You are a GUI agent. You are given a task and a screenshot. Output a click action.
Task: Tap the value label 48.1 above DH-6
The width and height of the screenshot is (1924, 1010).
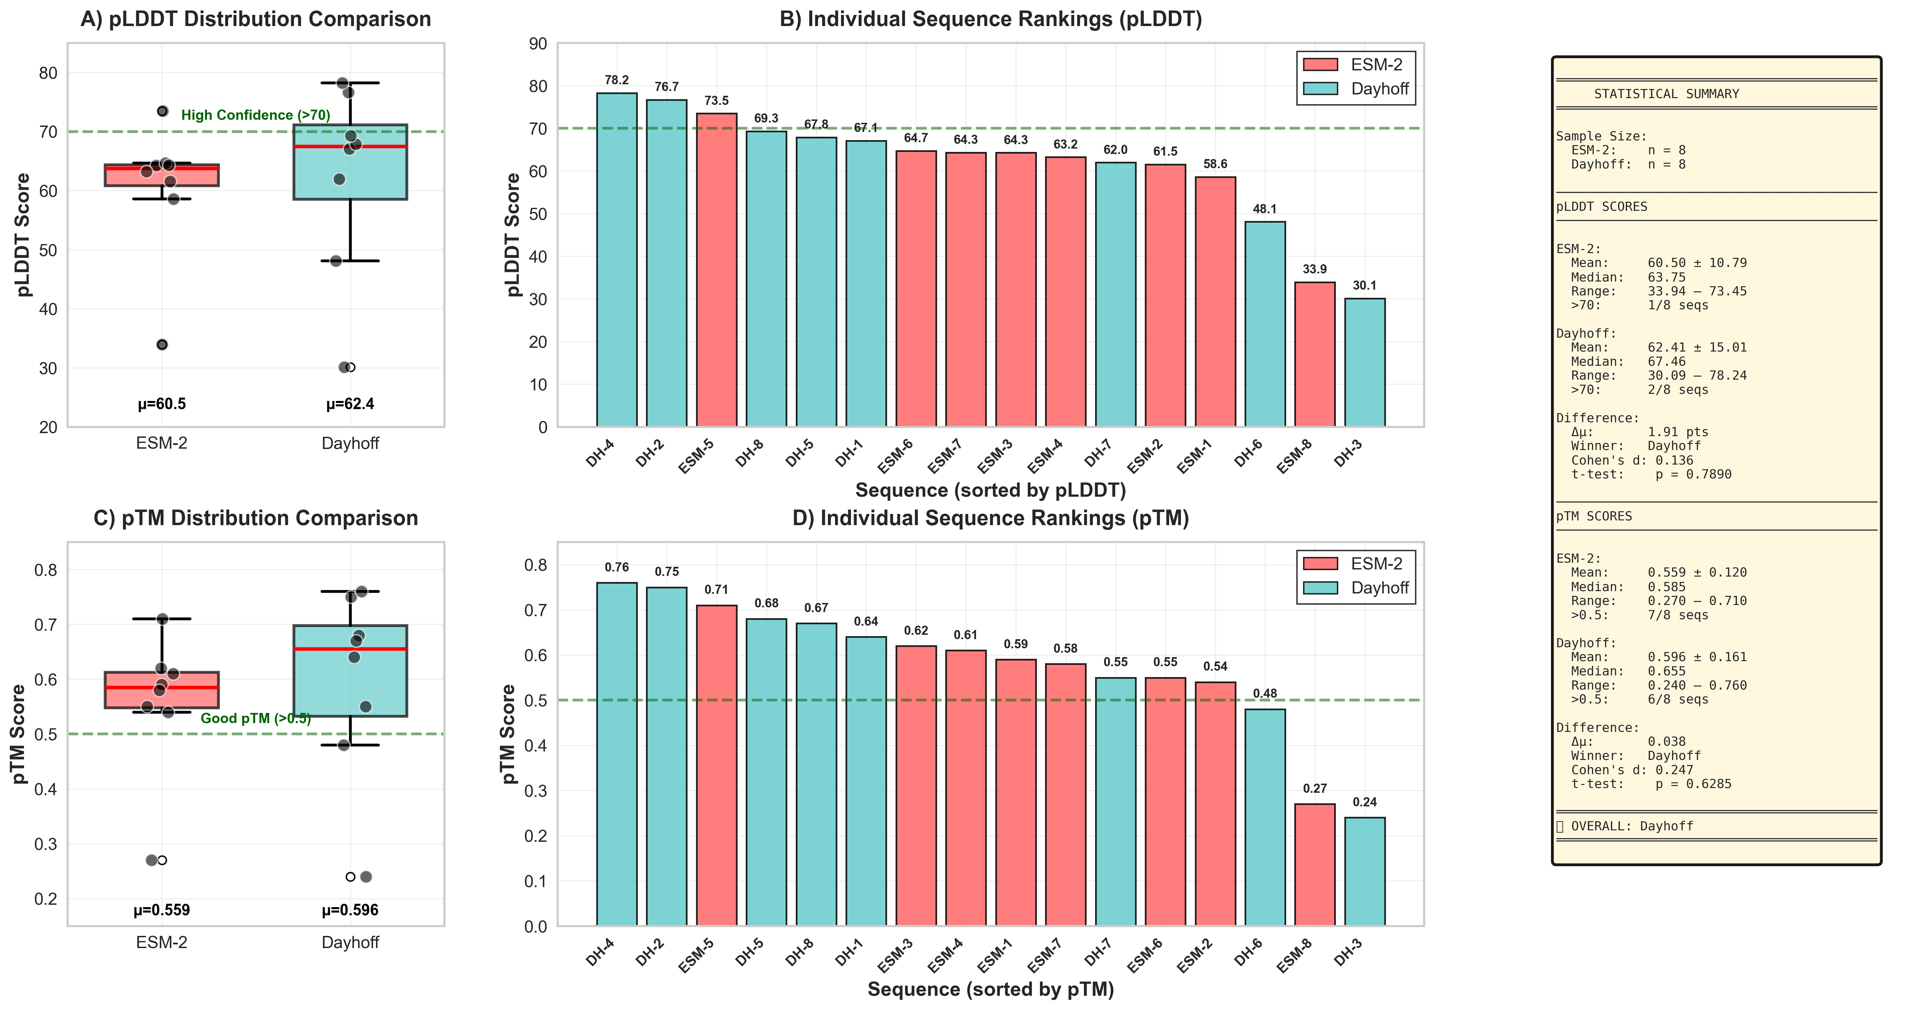pos(1265,209)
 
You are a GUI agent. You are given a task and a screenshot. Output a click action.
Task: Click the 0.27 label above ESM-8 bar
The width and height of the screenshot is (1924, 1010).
pos(1315,789)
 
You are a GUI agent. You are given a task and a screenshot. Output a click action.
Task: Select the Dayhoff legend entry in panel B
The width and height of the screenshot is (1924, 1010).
pos(1355,89)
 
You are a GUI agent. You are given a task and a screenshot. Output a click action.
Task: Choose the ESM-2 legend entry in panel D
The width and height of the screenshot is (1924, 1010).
pos(1355,564)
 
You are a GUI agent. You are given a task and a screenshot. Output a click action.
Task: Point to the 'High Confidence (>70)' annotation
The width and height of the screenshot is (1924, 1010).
pos(255,115)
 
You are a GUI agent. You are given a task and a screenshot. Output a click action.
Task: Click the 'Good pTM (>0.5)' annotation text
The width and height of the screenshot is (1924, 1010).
pos(255,719)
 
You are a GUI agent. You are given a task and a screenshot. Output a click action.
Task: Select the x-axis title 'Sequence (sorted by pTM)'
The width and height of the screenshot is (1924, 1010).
pos(990,990)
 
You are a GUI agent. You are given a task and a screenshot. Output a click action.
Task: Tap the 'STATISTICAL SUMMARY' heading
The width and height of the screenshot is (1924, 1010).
pos(1666,94)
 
